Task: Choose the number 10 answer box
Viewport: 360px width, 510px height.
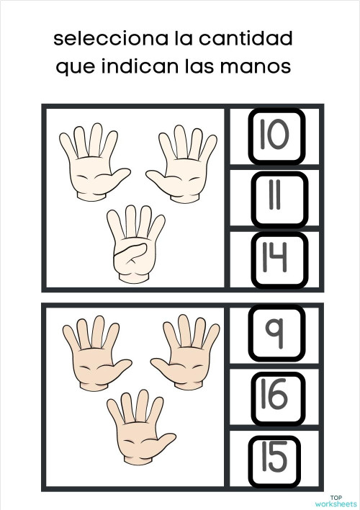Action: [277, 135]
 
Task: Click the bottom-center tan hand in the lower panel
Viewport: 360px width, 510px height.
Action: [137, 426]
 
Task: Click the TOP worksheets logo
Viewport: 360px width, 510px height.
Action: [336, 500]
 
